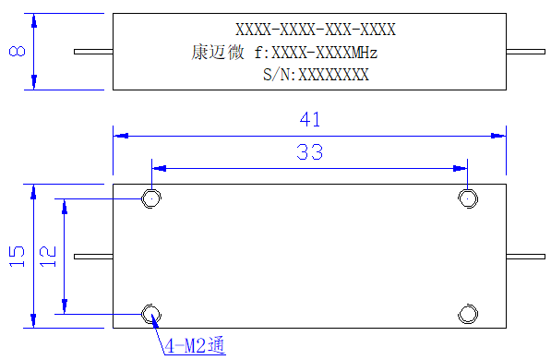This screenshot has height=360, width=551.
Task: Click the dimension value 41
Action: [310, 119]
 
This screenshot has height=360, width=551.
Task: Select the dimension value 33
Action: [309, 152]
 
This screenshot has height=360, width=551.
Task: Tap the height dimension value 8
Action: [18, 51]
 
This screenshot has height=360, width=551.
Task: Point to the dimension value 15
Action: [17, 257]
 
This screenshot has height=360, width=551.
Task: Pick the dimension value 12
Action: [48, 257]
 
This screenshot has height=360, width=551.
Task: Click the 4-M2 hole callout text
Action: [195, 345]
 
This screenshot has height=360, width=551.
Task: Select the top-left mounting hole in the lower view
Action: [151, 198]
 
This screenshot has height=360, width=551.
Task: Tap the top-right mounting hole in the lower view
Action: [468, 198]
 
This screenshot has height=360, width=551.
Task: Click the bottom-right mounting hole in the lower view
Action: [468, 314]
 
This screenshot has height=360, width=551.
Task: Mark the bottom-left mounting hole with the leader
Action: [151, 314]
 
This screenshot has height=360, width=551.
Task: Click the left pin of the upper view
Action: [93, 52]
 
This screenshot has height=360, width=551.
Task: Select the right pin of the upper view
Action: [526, 52]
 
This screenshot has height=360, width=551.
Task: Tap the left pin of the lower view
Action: [93, 257]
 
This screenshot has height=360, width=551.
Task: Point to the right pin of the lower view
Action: [526, 257]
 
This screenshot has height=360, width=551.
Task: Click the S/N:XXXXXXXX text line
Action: [316, 75]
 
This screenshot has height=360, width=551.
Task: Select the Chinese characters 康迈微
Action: [218, 53]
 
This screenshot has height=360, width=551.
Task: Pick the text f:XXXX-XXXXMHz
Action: [316, 53]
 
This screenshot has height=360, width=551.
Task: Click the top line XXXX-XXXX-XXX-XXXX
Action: [316, 30]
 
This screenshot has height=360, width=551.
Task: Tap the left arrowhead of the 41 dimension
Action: [121, 136]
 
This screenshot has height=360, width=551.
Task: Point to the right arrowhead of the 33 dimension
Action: [460, 168]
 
